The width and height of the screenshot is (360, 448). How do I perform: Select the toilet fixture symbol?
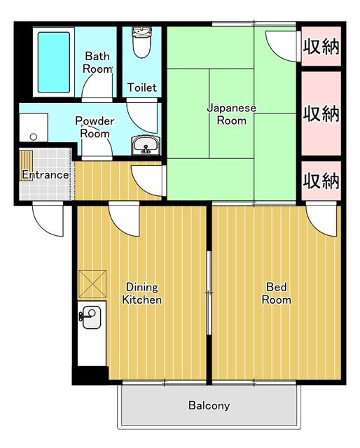pos(141,42)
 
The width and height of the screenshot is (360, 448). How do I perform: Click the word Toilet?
pos(141,87)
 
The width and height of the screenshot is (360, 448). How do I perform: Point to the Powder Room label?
pos(94,127)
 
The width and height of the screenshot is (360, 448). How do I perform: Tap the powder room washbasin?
pos(146,146)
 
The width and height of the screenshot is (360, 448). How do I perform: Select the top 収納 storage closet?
pos(321,47)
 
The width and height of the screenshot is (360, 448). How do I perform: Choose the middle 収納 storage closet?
pos(321,113)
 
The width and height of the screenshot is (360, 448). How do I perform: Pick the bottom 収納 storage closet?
pos(321,181)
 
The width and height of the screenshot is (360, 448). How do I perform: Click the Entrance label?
pos(45,174)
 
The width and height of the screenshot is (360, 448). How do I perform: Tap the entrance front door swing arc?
pos(48,220)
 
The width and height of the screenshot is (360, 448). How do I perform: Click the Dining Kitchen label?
pos(142,293)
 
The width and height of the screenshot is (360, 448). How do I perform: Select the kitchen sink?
pos(90,318)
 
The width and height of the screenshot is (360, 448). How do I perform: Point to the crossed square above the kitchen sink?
pos(92,283)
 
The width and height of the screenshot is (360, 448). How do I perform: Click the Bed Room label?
pos(277,293)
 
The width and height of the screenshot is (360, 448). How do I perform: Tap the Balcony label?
pos(209,405)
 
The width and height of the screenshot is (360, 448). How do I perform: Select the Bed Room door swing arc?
pos(321,220)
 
